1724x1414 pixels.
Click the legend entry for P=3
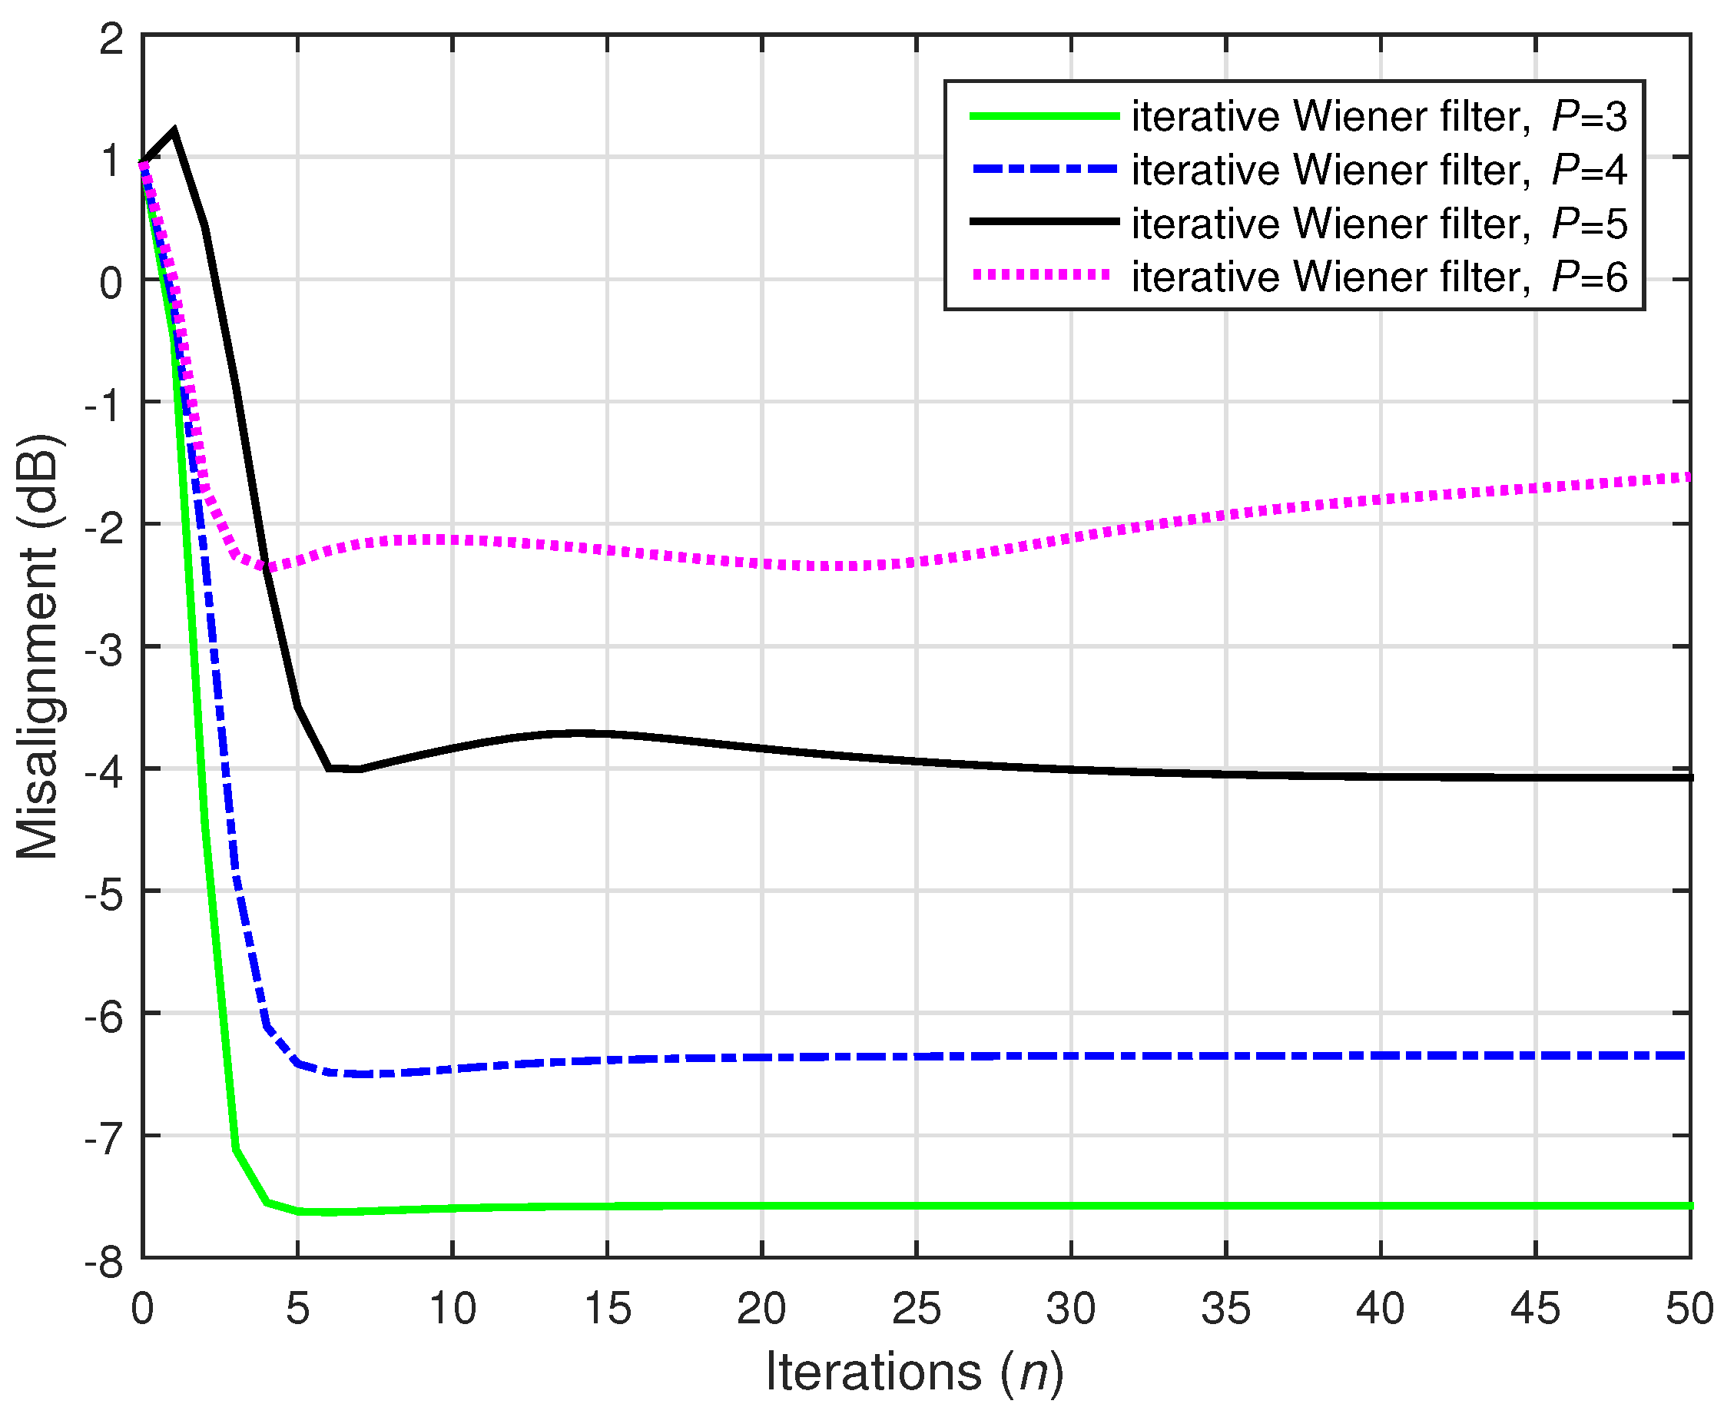pos(1379,117)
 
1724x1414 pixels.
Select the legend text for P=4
pos(1379,171)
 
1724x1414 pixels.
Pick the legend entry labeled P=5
pos(1379,224)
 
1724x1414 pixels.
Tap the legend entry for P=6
pos(1379,277)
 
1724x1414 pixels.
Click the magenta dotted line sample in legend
pos(1043,276)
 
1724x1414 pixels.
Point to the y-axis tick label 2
pos(111,38)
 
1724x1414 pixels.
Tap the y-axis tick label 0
pos(111,283)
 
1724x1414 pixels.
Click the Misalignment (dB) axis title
pos(38,648)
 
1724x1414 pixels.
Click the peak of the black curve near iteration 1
pos(174,131)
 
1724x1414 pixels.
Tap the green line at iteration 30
pos(1071,1206)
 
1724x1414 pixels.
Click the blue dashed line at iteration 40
pos(1381,1056)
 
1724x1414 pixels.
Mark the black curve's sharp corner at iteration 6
pos(328,768)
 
